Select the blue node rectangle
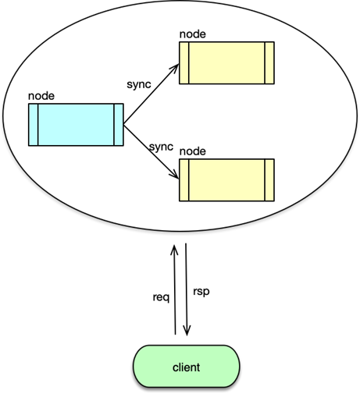coord(75,123)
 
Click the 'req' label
coord(162,297)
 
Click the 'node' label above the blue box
coord(41,96)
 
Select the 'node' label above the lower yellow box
coord(192,150)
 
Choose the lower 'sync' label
coord(159,145)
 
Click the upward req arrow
coord(175,289)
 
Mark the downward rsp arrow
coord(187,289)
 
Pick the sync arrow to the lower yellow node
coord(151,151)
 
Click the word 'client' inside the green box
coord(186,365)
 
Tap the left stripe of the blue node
coord(33,123)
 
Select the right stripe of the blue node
coord(119,123)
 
